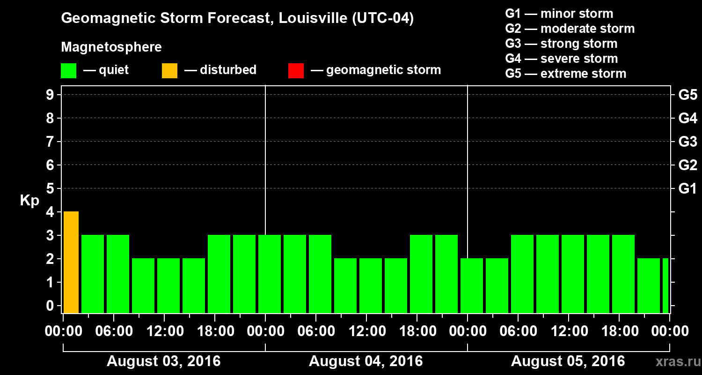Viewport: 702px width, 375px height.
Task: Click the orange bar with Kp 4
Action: point(71,262)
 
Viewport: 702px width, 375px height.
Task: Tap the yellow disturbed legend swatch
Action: point(169,70)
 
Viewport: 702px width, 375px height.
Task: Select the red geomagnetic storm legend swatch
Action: point(296,70)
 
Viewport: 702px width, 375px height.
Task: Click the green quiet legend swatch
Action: point(68,70)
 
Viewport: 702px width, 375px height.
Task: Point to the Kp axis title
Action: point(29,201)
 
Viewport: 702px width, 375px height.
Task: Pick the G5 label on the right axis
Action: point(687,95)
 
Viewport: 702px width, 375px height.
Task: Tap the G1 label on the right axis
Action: point(687,189)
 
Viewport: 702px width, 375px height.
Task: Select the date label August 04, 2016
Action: point(366,361)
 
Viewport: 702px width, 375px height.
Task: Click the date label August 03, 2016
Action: point(164,361)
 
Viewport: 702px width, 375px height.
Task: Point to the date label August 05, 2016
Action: point(568,361)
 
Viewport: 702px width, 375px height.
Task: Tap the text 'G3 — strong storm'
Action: point(561,44)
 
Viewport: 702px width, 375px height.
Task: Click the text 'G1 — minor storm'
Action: point(559,14)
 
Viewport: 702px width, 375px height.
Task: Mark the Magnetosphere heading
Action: point(111,47)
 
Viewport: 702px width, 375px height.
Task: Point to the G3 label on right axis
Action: point(687,142)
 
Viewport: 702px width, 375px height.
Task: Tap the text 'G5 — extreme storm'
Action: point(565,74)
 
